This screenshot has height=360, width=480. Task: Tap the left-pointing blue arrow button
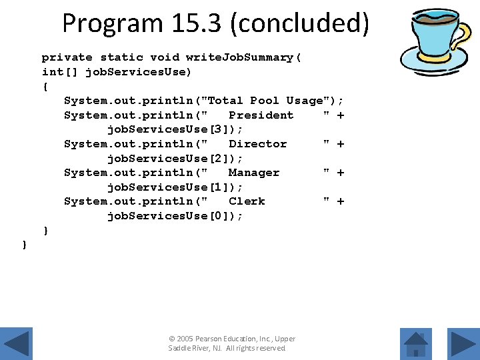pos(15,343)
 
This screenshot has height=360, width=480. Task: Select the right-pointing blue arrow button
pos(462,343)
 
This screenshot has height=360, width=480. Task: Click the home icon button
pos(416,343)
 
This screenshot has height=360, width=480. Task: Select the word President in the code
pos(261,115)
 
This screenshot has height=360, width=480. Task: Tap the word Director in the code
pos(257,143)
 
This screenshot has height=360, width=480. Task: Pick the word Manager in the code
pos(253,172)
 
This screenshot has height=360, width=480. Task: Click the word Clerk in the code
pos(247,201)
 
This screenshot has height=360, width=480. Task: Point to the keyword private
pos(67,57)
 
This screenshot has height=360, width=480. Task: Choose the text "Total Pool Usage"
pos(269,101)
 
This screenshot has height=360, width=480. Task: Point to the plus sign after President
pos(341,115)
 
